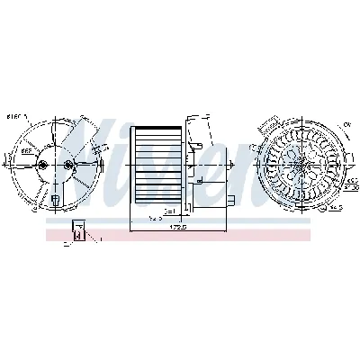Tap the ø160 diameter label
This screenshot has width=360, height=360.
point(13,116)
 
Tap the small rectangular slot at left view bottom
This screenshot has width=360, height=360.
point(54,200)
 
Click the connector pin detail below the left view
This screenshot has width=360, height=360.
point(79,232)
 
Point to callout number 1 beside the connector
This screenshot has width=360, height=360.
point(101,239)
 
